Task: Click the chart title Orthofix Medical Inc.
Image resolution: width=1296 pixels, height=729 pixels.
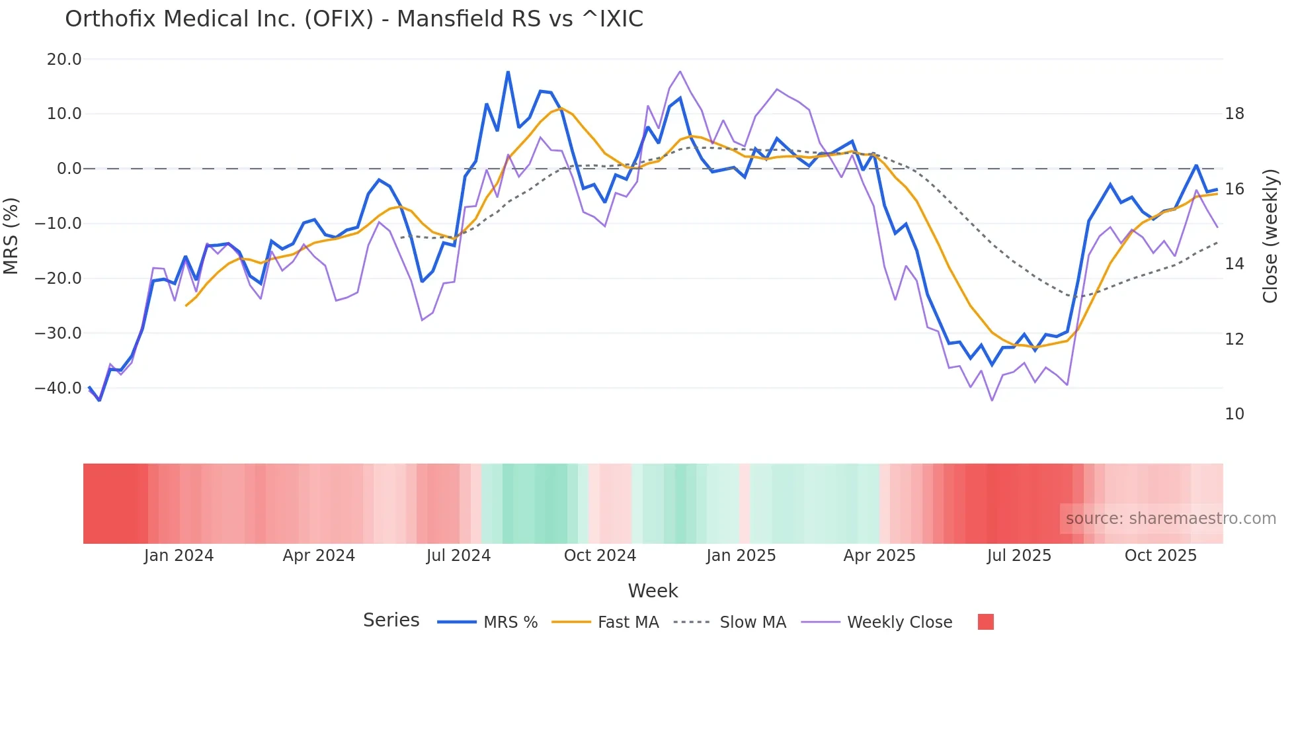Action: (354, 19)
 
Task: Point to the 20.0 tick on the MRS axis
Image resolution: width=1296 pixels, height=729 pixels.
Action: (64, 60)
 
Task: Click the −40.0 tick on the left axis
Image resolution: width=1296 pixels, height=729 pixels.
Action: (58, 388)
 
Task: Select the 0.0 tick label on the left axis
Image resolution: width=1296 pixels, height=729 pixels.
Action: (69, 169)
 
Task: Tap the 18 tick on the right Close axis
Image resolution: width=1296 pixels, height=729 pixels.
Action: (1234, 114)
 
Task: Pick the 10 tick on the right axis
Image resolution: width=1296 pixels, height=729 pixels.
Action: (1234, 414)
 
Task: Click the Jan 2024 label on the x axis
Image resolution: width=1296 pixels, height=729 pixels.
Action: (179, 556)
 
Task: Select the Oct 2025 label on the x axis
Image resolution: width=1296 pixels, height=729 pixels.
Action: (1160, 556)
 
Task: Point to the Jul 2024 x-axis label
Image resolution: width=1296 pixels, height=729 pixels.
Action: (458, 556)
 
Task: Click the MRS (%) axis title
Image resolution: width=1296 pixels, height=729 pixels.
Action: (11, 236)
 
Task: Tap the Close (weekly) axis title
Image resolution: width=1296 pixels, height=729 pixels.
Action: (1270, 236)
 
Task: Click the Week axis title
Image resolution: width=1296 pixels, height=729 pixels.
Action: (653, 591)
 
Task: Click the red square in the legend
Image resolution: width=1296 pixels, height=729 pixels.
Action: (985, 622)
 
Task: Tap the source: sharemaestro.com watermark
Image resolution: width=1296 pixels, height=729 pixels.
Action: (1170, 519)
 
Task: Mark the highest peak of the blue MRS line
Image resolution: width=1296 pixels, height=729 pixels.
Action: (508, 71)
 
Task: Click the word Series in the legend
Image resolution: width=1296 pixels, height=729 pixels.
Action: (391, 621)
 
